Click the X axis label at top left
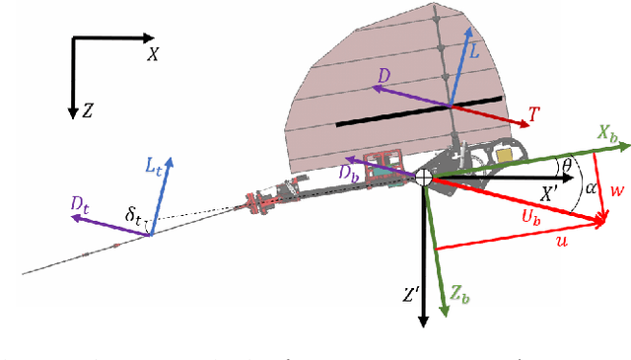tap(153, 54)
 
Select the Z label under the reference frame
tap(88, 112)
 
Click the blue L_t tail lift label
tap(155, 168)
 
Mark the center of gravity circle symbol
tap(423, 177)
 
